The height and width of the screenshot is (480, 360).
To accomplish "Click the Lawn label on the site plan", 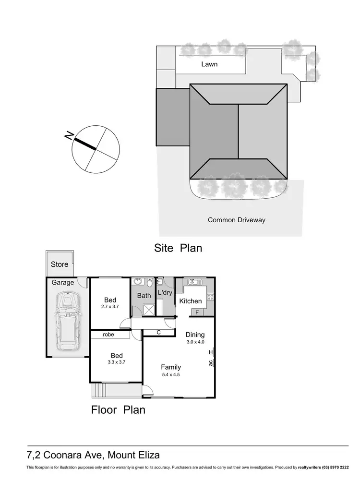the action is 209,64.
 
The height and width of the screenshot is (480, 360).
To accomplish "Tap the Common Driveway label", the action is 236,220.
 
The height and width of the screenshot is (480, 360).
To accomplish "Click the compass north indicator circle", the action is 96,149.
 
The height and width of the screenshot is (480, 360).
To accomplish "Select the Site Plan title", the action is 178,248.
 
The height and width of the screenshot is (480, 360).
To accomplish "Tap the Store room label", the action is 60,264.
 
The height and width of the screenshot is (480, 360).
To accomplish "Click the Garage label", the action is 63,283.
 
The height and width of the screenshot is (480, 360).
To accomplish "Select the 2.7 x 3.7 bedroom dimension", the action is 110,306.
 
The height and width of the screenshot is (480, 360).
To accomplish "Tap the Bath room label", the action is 144,296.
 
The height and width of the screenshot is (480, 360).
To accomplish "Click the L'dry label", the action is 165,293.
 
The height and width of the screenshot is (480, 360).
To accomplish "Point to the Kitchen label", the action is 191,301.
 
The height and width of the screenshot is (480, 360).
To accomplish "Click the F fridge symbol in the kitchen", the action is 197,312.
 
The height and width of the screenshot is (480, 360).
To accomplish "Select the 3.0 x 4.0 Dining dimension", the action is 195,342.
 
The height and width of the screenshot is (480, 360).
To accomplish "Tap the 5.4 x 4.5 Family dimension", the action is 170,374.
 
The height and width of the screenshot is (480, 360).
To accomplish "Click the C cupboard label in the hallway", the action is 158,332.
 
